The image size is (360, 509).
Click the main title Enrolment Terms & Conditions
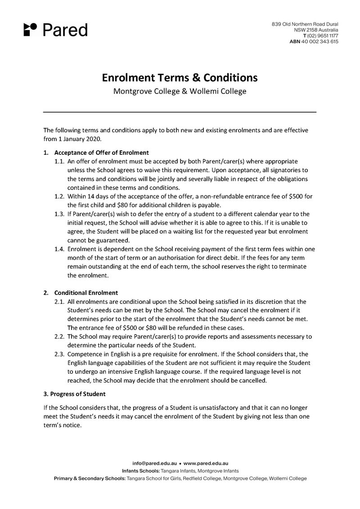click(x=180, y=77)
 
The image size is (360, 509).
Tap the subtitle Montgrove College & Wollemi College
click(x=180, y=91)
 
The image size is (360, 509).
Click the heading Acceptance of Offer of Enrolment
click(x=101, y=152)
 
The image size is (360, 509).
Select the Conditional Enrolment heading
click(x=86, y=293)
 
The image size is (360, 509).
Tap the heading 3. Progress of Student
click(x=74, y=394)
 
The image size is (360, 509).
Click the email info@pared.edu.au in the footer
click(x=154, y=463)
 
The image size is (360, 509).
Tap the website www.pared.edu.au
click(x=206, y=463)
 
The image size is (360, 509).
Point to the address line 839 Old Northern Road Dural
click(x=305, y=23)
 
